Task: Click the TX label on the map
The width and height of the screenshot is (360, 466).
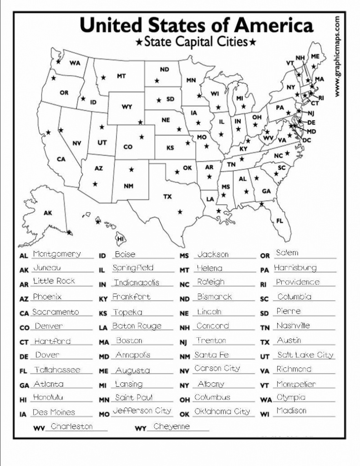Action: point(167,197)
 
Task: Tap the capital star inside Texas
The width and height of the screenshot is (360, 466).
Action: point(180,212)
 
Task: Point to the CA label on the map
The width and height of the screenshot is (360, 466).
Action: point(61,159)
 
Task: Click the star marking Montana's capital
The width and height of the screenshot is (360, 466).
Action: point(103,78)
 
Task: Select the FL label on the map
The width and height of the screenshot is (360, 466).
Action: point(279,221)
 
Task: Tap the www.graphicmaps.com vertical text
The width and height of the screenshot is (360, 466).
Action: point(337,56)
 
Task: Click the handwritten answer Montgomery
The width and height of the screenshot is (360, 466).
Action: point(57,254)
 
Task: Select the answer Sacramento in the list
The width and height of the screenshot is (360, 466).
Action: point(56,312)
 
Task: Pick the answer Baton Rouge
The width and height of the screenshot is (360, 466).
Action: point(137,326)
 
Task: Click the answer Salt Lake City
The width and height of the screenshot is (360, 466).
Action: point(305,355)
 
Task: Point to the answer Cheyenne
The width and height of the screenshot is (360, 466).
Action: point(172,427)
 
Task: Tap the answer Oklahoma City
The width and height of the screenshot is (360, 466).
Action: point(222,412)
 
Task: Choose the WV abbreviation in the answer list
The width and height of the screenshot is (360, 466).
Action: point(39,429)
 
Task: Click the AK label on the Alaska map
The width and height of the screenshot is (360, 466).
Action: point(48,213)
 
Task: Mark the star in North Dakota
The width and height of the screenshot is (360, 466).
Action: point(157,81)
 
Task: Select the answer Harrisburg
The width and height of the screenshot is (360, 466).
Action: point(295,268)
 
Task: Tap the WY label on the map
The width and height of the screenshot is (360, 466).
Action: point(127,107)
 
